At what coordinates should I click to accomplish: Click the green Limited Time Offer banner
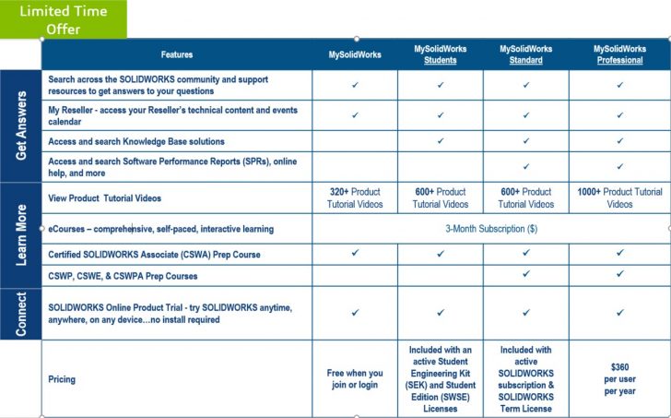point(64,19)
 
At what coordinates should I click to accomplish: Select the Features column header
point(177,54)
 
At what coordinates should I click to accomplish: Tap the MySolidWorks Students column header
point(440,54)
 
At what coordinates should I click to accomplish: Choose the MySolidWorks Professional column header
point(618,54)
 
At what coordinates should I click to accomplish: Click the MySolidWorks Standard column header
point(526,54)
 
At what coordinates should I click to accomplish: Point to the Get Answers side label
point(21,125)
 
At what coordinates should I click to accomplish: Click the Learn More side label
point(21,227)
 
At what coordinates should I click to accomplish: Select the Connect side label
point(21,313)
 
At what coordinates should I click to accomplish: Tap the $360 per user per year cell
point(619,379)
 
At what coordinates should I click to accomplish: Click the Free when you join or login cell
point(355,379)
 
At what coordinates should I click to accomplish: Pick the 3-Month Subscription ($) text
point(489,228)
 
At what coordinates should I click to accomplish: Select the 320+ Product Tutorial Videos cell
point(355,197)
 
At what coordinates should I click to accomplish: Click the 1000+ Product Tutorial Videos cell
point(619,197)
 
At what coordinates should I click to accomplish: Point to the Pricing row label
point(63,379)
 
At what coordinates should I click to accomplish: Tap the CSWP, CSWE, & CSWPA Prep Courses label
point(123,275)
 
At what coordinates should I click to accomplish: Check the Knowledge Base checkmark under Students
point(441,141)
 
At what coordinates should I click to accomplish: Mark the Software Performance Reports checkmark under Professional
point(620,166)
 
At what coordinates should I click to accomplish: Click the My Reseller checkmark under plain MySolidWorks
point(355,115)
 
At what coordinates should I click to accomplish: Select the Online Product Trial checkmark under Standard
point(526,313)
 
